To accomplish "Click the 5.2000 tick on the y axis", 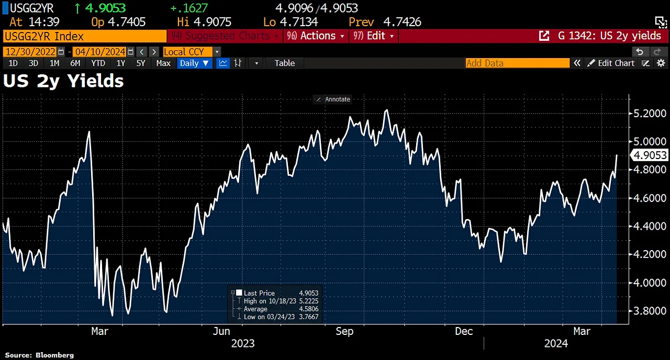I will tap(650, 114).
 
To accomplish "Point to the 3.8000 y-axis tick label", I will tap(650, 311).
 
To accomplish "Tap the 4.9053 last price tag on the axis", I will tap(650, 155).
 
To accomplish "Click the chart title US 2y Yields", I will tap(63, 81).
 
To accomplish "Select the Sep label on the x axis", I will tap(344, 331).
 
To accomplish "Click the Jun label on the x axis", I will tap(221, 331).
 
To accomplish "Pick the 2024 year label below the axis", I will tap(556, 344).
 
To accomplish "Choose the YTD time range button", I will tap(98, 63).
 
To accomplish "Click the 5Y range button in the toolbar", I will tap(140, 63).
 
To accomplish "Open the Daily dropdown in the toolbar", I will tap(194, 63).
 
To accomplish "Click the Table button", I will tap(284, 63).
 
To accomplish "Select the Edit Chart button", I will tap(611, 63).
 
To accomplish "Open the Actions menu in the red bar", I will tap(317, 36).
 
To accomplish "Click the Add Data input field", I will tap(517, 63).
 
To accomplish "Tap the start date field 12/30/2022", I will tap(30, 52).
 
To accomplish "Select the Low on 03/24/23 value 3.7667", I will tap(308, 317).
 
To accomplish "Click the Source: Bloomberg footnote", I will tap(39, 355).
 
